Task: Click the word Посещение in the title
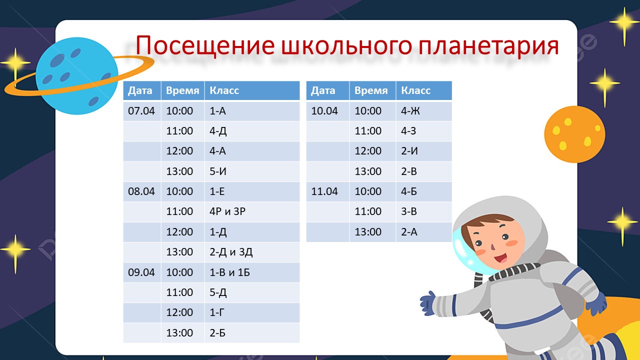pos(205,45)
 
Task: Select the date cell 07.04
pos(141,111)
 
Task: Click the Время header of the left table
pos(182,90)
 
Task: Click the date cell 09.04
pos(141,272)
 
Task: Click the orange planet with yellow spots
pos(574,134)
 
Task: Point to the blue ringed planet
pos(77,76)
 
